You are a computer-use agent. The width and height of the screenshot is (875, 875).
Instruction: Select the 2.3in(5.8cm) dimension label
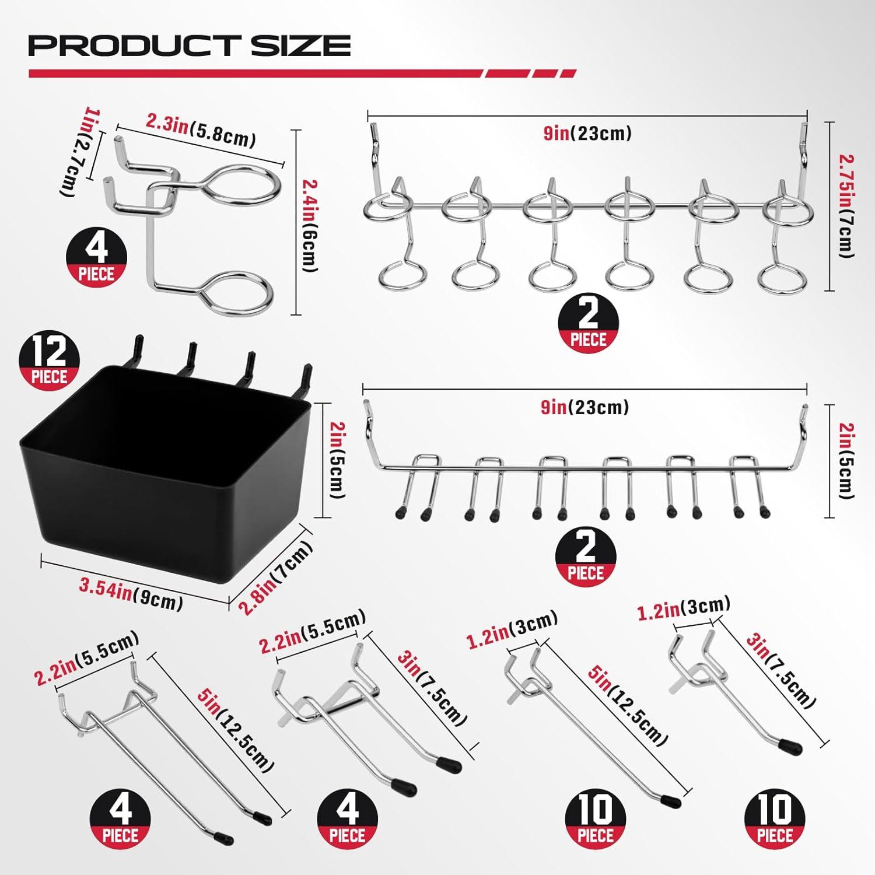coord(201,132)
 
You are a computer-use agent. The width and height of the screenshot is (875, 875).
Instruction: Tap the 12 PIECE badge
coord(50,362)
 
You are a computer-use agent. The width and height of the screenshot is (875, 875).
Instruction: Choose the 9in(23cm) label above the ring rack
coord(587,134)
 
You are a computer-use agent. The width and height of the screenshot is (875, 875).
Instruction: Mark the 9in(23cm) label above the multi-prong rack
coord(585,407)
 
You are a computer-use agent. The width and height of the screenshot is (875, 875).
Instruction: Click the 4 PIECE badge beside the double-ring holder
coord(97,257)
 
